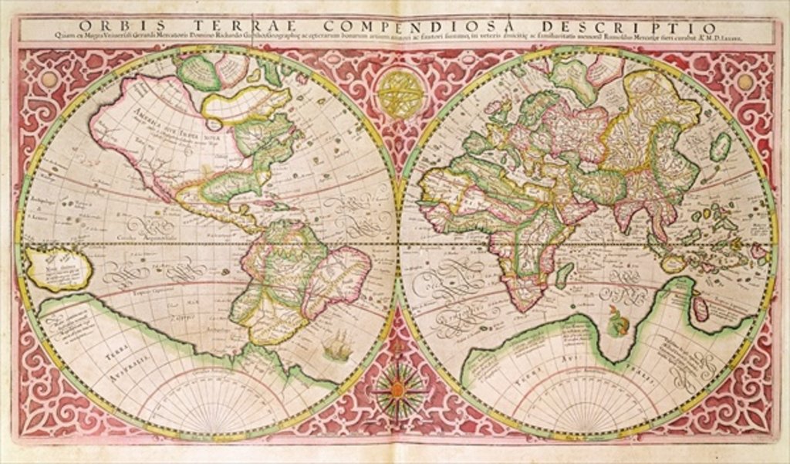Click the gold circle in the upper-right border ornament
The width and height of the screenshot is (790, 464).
click(x=744, y=81)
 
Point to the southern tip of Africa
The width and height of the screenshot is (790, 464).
click(x=525, y=307)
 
